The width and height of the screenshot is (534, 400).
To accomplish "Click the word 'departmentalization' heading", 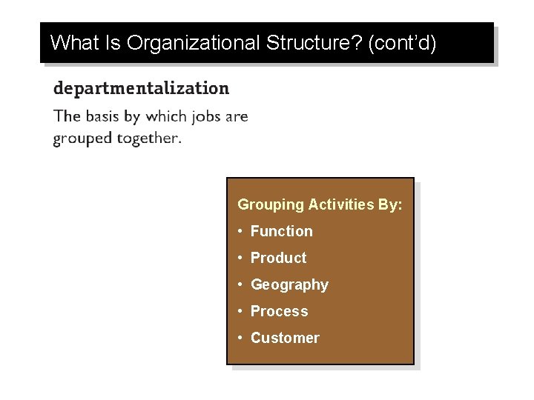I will [141, 89].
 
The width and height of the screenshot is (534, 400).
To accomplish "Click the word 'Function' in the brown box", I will [282, 231].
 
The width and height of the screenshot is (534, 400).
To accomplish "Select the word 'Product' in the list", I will [278, 258].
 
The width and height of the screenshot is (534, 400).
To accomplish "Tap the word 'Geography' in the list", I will [289, 285].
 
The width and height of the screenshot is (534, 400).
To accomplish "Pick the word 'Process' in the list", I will [279, 311].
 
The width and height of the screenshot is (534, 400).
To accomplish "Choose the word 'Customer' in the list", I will [285, 338].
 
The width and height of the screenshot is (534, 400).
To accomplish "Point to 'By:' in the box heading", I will [390, 205].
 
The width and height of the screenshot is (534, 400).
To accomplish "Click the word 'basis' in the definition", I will [105, 116].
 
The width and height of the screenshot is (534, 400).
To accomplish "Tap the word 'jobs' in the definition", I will [188, 117].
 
